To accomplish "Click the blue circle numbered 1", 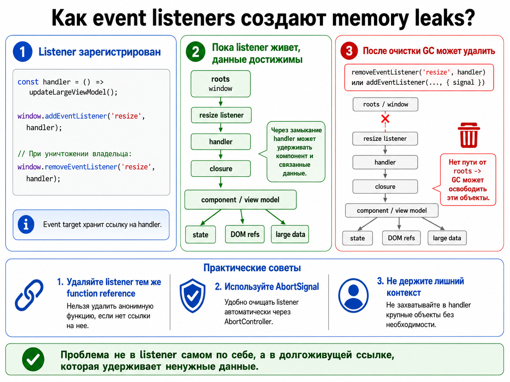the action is pos(23,51).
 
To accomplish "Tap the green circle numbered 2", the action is pos(195,51).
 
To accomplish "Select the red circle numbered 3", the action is pos(349,51).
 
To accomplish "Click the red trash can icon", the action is pos(469,135).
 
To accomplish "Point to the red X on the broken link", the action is pos(385,119).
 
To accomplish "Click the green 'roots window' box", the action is pos(220,84).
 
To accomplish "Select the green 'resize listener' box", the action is pos(221,115).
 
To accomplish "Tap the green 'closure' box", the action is pos(221,168).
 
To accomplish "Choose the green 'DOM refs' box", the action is pos(245,234).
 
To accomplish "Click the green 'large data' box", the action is pos(290,234).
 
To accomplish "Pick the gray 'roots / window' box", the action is pos(385,104).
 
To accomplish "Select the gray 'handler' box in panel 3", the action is pos(385,163).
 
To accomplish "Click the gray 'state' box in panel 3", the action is pos(357,238).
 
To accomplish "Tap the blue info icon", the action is pos(26,224).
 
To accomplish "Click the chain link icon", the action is pos(29,295).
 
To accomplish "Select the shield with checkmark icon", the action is pos(192,295).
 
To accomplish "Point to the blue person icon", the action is pos(353,295).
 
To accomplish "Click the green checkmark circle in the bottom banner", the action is pos(33,359).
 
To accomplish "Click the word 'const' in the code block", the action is pos(28,82).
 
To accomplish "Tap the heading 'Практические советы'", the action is pos(252,268).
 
